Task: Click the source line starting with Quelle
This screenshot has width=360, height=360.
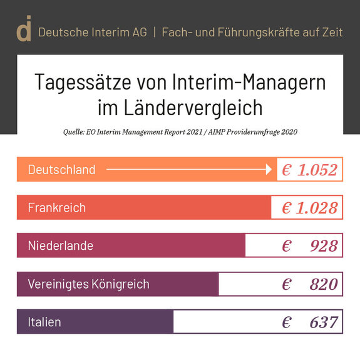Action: tap(180, 132)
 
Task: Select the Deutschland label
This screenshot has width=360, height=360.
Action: tap(61, 170)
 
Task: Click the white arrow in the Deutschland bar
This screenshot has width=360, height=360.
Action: tap(188, 169)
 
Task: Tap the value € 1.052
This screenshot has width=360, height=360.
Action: tap(309, 170)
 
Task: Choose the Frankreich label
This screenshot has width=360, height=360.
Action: tap(56, 208)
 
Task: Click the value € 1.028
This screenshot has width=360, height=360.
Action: tap(309, 208)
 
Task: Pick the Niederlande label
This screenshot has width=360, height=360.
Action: tap(60, 246)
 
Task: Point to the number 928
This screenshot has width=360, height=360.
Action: tap(324, 246)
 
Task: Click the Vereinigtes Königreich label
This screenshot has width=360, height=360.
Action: tap(88, 284)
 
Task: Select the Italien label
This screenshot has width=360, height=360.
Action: tap(44, 322)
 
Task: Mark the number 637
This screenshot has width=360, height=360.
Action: tap(324, 323)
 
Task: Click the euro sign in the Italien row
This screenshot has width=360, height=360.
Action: tap(286, 323)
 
